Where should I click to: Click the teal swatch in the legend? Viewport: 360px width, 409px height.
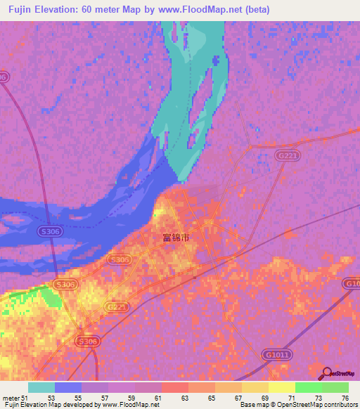click(x=41, y=388)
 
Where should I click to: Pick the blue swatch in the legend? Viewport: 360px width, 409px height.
click(x=68, y=388)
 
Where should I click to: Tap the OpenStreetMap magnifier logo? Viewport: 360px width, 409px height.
click(x=326, y=372)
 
